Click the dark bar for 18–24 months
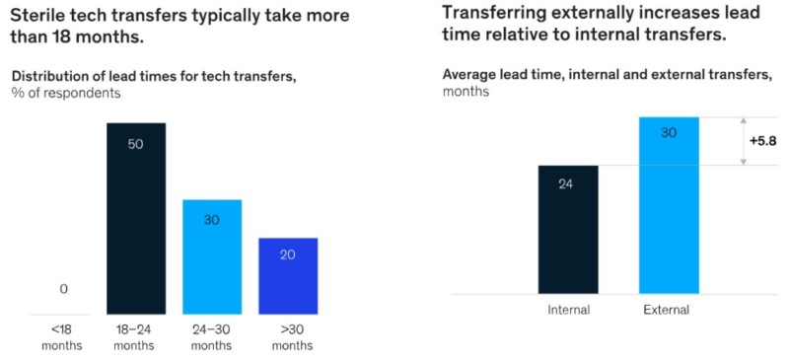(135, 217)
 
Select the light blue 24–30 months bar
(211, 256)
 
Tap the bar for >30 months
(288, 276)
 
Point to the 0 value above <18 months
(63, 289)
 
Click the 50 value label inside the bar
(135, 144)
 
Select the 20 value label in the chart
(288, 253)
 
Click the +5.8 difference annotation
(762, 140)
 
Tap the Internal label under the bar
(568, 310)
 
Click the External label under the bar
(667, 310)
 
